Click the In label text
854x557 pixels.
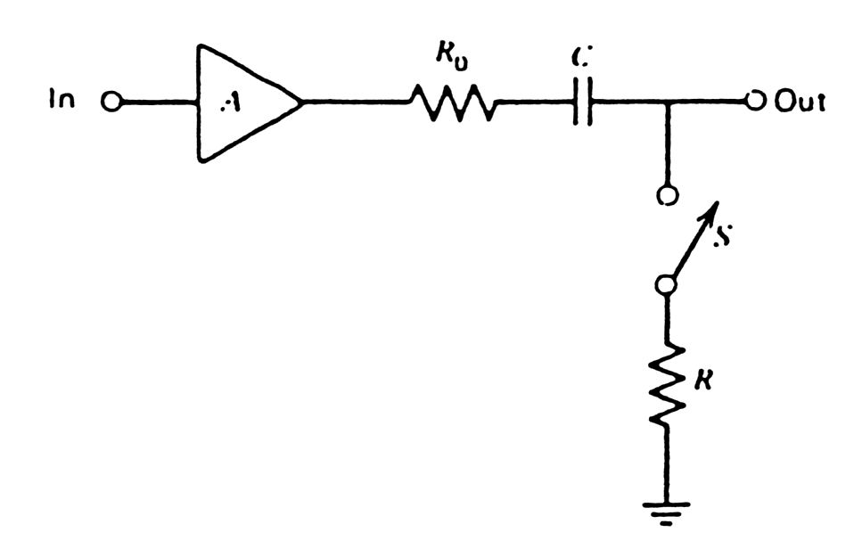point(62,101)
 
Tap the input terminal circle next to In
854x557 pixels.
point(111,102)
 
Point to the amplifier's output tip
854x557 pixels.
point(303,102)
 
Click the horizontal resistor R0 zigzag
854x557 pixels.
point(452,102)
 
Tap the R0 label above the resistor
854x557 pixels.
point(451,54)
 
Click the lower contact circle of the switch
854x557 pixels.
point(666,284)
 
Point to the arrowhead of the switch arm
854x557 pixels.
point(712,209)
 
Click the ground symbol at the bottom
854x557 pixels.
point(666,511)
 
